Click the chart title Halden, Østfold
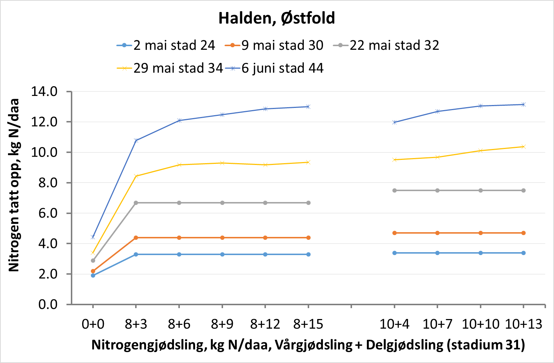[276, 18]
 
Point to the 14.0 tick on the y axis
[44, 92]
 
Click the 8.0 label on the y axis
[48, 183]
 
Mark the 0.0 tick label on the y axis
[48, 304]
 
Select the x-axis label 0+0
[93, 324]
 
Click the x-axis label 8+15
[308, 324]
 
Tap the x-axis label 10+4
[394, 324]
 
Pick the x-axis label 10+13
[523, 324]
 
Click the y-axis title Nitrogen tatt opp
[14, 185]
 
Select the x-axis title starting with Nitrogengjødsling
[308, 345]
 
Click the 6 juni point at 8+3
[136, 140]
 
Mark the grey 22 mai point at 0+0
[93, 261]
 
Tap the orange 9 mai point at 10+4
[395, 233]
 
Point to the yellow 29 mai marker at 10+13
[523, 147]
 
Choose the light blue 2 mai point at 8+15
[308, 254]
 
